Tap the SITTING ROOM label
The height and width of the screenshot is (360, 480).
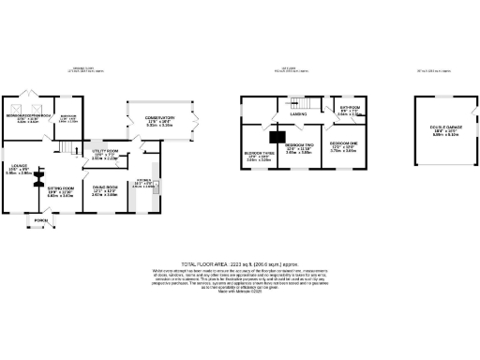pos(61,187)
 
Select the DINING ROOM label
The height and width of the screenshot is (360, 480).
pos(105,187)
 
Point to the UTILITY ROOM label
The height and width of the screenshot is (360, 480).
pos(105,150)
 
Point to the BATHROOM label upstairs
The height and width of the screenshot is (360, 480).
pos(351,108)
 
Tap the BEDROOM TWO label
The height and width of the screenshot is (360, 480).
pos(298,145)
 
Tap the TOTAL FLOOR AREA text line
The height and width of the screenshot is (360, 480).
pos(240,265)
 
